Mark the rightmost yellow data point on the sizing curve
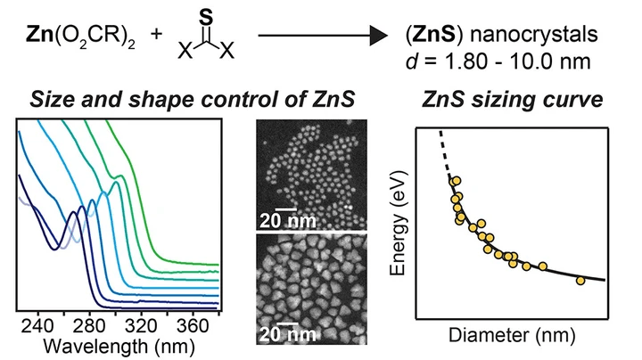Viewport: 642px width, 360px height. click(x=581, y=281)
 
